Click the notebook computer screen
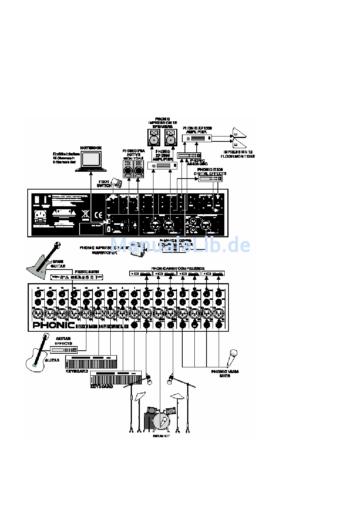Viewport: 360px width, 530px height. coord(91,158)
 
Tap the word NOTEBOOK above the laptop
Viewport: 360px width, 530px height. coord(91,148)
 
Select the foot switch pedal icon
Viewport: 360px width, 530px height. coord(117,183)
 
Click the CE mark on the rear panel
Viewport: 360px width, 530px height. coord(98,213)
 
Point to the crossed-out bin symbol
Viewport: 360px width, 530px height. coord(86,215)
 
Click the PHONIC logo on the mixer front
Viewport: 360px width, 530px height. coord(53,325)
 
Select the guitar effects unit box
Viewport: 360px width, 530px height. coord(64,350)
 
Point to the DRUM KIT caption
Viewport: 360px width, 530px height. coord(161,436)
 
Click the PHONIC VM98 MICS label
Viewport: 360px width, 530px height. coord(225,373)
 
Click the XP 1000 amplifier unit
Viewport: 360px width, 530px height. coord(197,138)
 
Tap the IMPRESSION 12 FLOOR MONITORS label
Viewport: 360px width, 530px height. coord(238,154)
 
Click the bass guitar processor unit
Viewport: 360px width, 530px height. coord(77,278)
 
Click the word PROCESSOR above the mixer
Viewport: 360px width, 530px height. coord(86,272)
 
